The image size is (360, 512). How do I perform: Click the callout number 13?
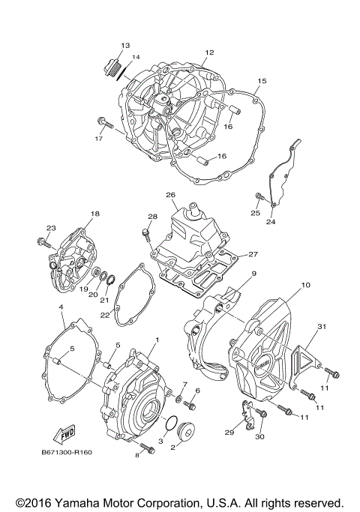click(x=124, y=46)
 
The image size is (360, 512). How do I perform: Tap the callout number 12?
click(x=209, y=52)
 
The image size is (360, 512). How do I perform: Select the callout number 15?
click(x=262, y=80)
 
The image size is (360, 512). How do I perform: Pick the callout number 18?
click(x=94, y=214)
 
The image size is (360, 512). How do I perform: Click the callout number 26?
click(x=170, y=196)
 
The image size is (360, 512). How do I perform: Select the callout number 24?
click(x=270, y=223)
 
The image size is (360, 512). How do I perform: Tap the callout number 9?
click(x=253, y=274)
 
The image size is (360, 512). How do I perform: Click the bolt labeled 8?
click(x=145, y=447)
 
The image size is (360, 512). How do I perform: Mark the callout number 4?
click(x=60, y=307)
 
